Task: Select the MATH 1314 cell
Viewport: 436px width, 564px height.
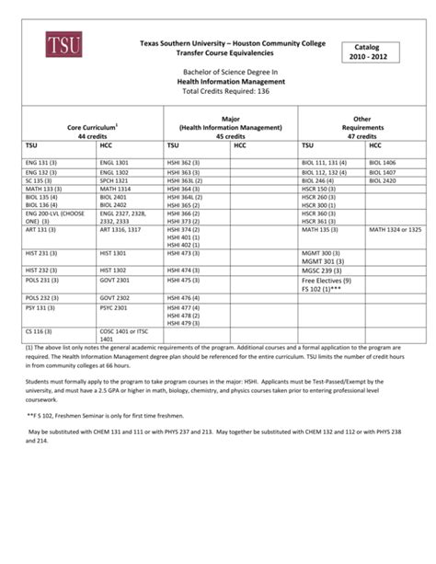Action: point(115,190)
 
